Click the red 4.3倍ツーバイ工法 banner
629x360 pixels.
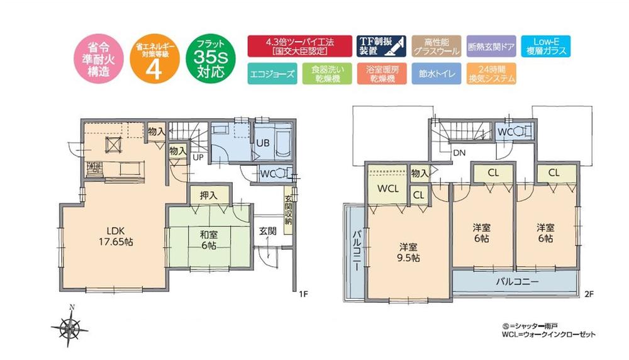coord(299,46)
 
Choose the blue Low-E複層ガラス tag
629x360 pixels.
coord(545,46)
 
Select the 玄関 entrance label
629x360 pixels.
coord(267,230)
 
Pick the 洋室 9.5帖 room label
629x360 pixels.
coord(409,252)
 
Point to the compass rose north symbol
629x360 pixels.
coord(72,325)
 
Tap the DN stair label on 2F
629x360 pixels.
coord(459,152)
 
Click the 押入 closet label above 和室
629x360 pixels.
coord(209,196)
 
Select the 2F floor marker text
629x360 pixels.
coord(589,294)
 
